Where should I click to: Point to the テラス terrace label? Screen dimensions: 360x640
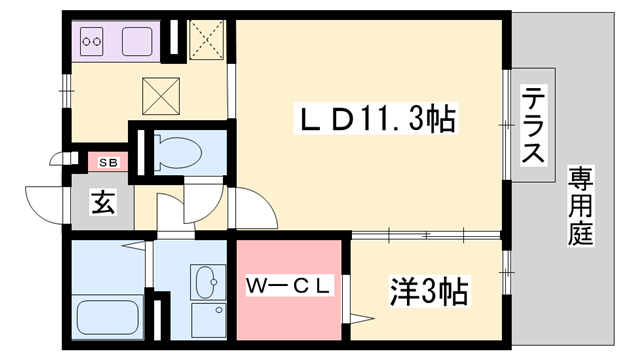click(x=534, y=127)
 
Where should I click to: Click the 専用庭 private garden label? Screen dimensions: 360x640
click(x=582, y=207)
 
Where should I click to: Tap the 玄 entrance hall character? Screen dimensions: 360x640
click(x=103, y=202)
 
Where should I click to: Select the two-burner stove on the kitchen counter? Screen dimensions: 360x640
click(x=94, y=42)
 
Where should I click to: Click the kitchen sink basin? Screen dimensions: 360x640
click(x=136, y=42)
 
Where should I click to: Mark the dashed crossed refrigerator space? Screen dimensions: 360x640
click(x=208, y=40)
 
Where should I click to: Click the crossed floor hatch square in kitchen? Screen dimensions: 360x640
click(x=160, y=94)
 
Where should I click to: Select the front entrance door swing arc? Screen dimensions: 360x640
click(x=46, y=205)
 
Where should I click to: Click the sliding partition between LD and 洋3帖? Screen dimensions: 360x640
click(x=425, y=235)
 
